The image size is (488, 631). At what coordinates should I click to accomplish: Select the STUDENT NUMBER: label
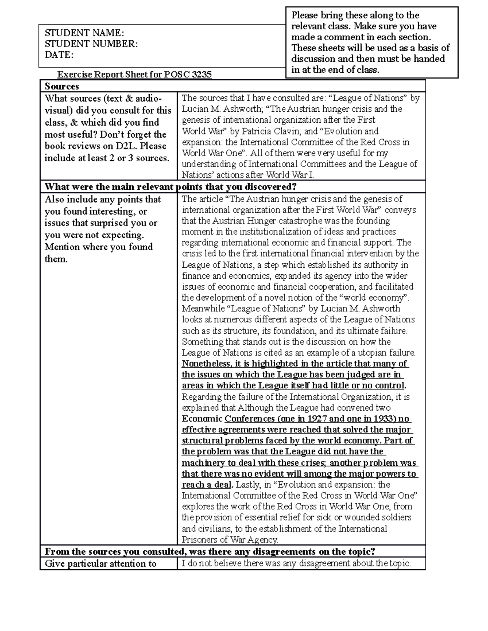(91, 44)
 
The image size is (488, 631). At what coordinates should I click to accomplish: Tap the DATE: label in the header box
(59, 55)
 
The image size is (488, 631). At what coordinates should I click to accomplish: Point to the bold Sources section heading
(62, 86)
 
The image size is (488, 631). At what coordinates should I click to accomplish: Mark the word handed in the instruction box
(431, 59)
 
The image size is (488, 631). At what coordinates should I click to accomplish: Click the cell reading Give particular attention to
(101, 564)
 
